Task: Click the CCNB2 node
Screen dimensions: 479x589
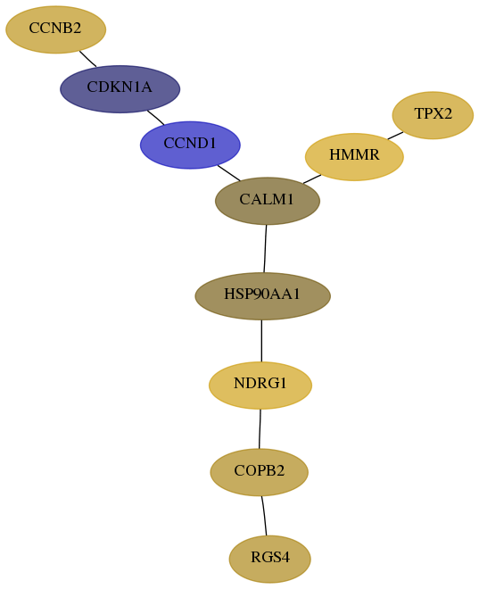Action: click(55, 29)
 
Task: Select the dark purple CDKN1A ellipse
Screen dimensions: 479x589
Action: click(120, 89)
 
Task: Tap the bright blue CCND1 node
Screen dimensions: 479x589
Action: click(190, 145)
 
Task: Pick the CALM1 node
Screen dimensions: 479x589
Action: click(268, 201)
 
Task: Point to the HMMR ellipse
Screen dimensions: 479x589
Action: click(354, 157)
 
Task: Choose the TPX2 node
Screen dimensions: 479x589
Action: click(433, 115)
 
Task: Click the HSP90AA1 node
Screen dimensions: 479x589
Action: click(263, 296)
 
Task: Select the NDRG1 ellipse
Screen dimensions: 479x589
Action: click(260, 385)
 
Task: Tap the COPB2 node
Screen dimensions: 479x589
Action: click(259, 472)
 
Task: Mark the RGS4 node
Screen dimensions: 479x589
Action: click(270, 559)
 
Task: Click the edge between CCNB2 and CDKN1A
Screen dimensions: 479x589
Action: click(87, 59)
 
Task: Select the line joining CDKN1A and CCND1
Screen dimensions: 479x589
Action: click(156, 117)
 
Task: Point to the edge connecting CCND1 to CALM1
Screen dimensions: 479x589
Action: click(229, 173)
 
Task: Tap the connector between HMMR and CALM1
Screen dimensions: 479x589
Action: click(312, 179)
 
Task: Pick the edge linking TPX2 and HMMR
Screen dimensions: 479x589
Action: click(395, 136)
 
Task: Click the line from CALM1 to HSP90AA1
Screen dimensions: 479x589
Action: click(265, 249)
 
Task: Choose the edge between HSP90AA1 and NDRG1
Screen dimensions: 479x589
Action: click(261, 341)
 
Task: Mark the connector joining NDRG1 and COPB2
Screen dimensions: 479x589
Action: click(260, 428)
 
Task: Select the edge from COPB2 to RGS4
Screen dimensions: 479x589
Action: click(264, 516)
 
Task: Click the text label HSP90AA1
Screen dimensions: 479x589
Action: click(262, 294)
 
